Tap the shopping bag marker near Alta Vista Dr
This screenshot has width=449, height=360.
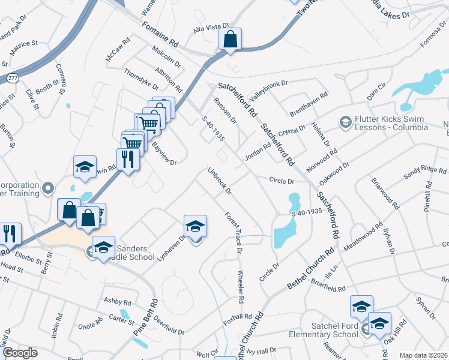(230, 40)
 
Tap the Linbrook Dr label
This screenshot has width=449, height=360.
(219, 181)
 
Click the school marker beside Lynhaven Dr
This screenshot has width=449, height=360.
(195, 227)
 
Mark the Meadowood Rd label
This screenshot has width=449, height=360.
(362, 238)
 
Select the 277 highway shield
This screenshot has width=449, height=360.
(13, 78)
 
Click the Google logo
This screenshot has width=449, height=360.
(20, 353)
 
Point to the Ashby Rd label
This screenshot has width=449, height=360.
(117, 301)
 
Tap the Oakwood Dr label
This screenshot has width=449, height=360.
(335, 169)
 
